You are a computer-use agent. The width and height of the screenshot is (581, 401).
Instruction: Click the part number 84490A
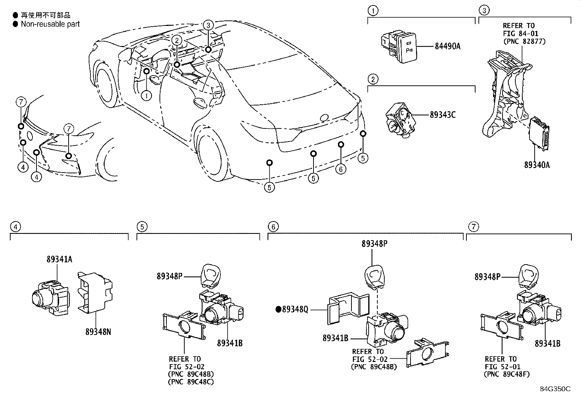tap(447, 46)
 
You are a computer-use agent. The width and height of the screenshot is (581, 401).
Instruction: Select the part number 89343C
tap(442, 115)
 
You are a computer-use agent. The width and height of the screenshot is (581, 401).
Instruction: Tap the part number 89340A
tap(537, 165)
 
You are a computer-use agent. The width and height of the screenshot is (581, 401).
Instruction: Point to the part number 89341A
tap(59, 259)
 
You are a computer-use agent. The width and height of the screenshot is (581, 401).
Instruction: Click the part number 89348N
tap(98, 332)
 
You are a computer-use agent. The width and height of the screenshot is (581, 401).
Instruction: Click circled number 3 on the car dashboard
tap(208, 25)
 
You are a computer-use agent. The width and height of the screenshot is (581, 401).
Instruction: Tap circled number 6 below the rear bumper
tap(340, 169)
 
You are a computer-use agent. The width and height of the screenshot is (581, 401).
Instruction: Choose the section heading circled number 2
tap(373, 79)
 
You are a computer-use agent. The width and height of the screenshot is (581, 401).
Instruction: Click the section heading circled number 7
tap(473, 227)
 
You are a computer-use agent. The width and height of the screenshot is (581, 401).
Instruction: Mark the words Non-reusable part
tap(50, 24)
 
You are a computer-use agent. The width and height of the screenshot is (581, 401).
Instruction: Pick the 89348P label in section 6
tap(374, 244)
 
